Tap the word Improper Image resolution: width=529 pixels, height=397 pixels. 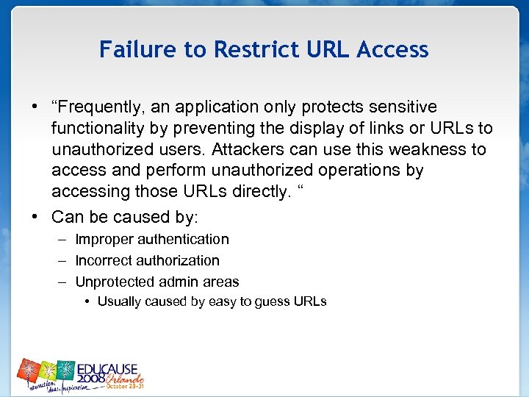(x=103, y=240)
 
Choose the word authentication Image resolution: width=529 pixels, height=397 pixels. (x=182, y=240)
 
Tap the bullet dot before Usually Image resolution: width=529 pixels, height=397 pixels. (x=87, y=301)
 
